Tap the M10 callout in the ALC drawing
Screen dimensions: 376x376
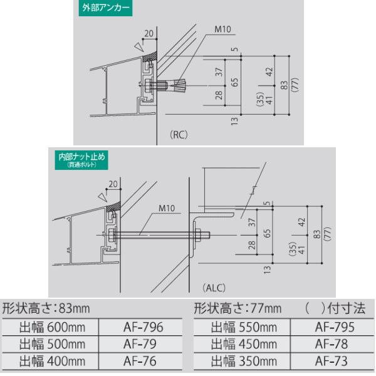tap(167, 208)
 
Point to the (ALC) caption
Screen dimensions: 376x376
tap(214, 288)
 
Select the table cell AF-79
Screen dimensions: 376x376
tap(140, 344)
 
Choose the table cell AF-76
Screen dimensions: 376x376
tap(140, 361)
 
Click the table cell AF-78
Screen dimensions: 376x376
tap(332, 344)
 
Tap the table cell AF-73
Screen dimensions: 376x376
tap(332, 361)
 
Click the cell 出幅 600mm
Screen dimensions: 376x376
tap(51, 327)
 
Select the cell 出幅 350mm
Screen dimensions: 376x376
tap(243, 361)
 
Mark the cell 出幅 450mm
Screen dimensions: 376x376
tap(243, 344)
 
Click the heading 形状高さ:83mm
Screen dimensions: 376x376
tap(46, 308)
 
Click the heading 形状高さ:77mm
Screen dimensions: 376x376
tap(238, 308)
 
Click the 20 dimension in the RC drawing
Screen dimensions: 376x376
tap(148, 33)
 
